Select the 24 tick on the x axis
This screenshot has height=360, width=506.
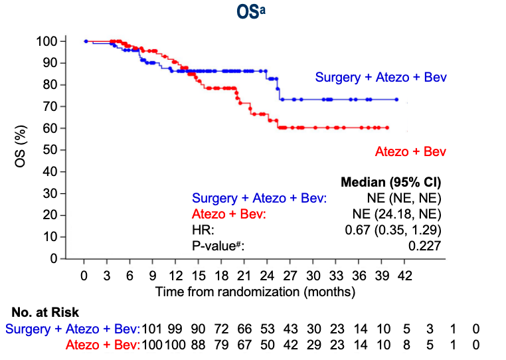267,275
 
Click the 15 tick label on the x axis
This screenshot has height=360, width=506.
199,275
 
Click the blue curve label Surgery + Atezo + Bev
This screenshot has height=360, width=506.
380,77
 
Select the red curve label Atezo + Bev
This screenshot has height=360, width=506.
410,152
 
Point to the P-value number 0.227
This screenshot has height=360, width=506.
426,246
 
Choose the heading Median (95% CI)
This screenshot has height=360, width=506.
391,182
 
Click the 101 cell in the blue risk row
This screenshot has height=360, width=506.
153,328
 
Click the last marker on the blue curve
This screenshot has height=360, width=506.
396,100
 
